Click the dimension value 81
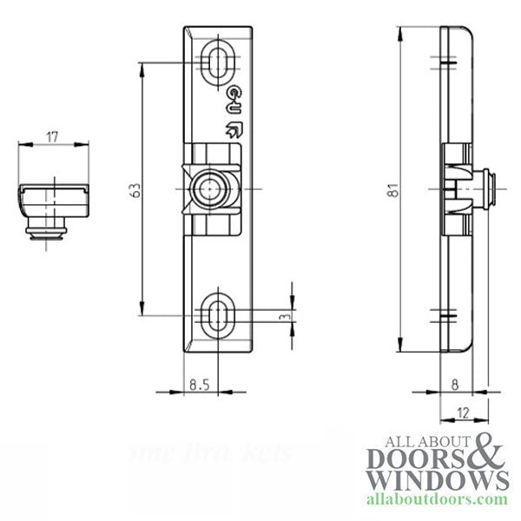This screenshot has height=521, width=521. click(x=392, y=188)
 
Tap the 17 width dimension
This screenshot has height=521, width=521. click(x=52, y=136)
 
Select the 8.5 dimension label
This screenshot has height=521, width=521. click(x=199, y=381)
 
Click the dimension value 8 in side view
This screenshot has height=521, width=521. click(x=454, y=381)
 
